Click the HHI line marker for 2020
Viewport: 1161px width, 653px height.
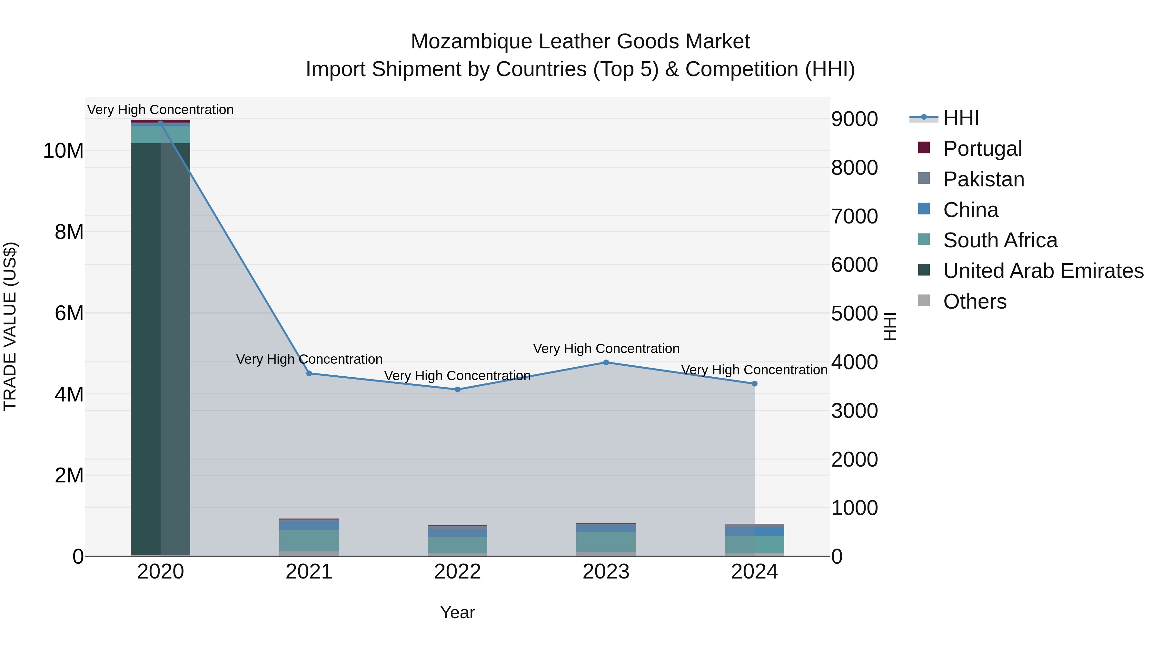click(x=161, y=123)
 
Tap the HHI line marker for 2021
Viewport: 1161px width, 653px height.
click(x=309, y=373)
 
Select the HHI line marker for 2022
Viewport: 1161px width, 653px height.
click(x=457, y=389)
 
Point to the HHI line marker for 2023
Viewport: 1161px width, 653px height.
click(x=606, y=362)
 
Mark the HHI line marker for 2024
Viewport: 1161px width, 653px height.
click(x=754, y=383)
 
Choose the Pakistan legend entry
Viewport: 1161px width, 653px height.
click(x=983, y=179)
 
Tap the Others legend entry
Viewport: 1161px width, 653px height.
click(x=974, y=302)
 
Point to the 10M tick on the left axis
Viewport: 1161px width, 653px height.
click(x=63, y=151)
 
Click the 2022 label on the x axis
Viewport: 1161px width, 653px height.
click(x=457, y=572)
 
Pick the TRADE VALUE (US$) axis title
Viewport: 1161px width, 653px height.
click(x=10, y=326)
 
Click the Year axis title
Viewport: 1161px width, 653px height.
click(x=457, y=612)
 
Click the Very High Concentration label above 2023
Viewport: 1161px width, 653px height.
click(x=606, y=348)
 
